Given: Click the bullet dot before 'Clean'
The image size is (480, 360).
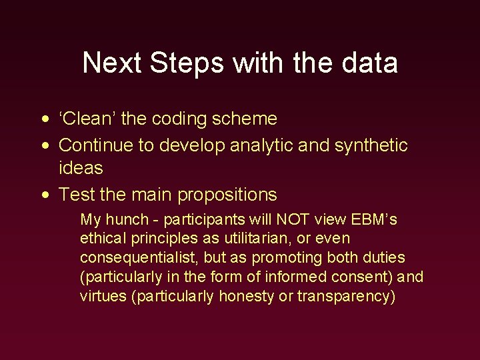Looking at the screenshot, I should point(44,120).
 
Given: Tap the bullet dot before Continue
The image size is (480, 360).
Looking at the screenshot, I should point(44,145).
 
